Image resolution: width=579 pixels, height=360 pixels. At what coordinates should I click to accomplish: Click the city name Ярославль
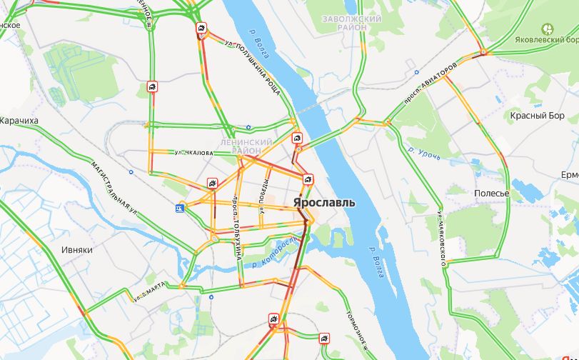[323, 203]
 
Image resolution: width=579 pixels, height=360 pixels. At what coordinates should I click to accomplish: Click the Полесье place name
[492, 194]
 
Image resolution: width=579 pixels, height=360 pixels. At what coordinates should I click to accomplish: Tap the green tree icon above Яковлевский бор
[548, 29]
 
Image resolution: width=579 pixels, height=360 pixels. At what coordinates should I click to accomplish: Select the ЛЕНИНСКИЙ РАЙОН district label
[247, 146]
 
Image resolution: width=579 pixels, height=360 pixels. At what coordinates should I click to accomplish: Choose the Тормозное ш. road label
[355, 330]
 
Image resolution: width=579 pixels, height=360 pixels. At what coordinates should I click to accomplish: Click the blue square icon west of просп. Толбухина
[180, 208]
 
